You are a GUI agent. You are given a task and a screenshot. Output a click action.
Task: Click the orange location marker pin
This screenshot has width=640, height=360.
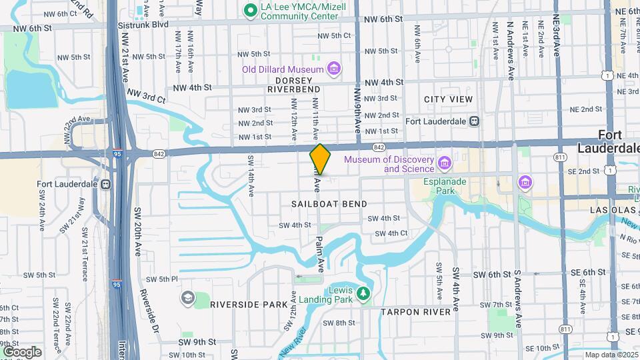tap(320, 159)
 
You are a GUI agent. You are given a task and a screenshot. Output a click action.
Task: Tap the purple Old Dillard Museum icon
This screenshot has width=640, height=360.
tap(334, 68)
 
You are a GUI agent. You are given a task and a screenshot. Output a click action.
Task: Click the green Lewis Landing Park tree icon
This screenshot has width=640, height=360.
tap(363, 293)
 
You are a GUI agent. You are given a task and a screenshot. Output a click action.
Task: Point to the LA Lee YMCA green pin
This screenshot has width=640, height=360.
tap(251, 9)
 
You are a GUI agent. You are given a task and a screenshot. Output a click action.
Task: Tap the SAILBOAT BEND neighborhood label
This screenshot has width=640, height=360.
tap(329, 203)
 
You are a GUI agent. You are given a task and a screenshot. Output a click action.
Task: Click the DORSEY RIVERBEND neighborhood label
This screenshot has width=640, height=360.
tap(294, 84)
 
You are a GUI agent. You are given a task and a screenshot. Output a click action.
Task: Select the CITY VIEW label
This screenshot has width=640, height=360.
tap(448, 99)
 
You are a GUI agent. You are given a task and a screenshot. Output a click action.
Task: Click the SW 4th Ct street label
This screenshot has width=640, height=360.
tap(391, 233)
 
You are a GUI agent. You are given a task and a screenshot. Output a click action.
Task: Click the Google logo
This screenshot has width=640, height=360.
tap(21, 351)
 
